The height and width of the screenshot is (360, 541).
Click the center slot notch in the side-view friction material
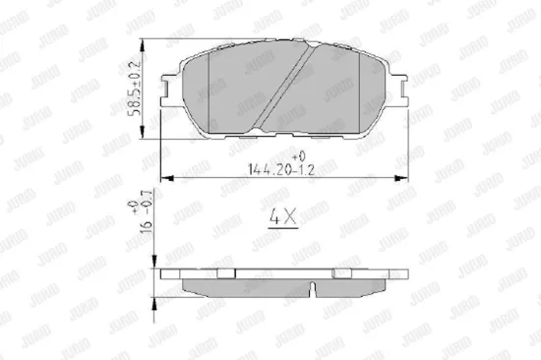click(x=313, y=289)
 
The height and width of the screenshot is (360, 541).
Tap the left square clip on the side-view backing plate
click(x=223, y=272)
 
